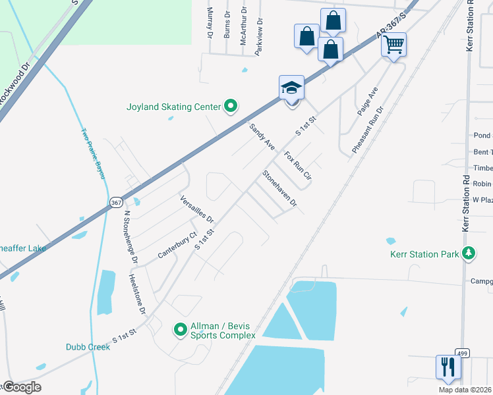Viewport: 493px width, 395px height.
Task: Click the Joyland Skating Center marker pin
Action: [x=231, y=105]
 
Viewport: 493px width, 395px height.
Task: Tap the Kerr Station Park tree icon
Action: [x=469, y=253]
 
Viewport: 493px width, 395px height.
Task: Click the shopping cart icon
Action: [x=393, y=45]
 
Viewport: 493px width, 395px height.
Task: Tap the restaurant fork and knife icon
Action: [x=446, y=366]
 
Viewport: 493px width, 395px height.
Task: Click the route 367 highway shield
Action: [x=115, y=202]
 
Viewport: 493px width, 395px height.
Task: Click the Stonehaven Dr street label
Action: [x=279, y=190]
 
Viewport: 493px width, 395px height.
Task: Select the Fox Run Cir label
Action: [x=297, y=167]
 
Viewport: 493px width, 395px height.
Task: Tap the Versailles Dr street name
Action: [x=197, y=208]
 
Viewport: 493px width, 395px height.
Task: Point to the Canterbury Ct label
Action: [x=177, y=245]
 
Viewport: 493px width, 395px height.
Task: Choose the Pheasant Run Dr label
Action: [x=367, y=128]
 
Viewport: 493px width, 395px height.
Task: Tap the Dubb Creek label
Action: [x=88, y=347]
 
